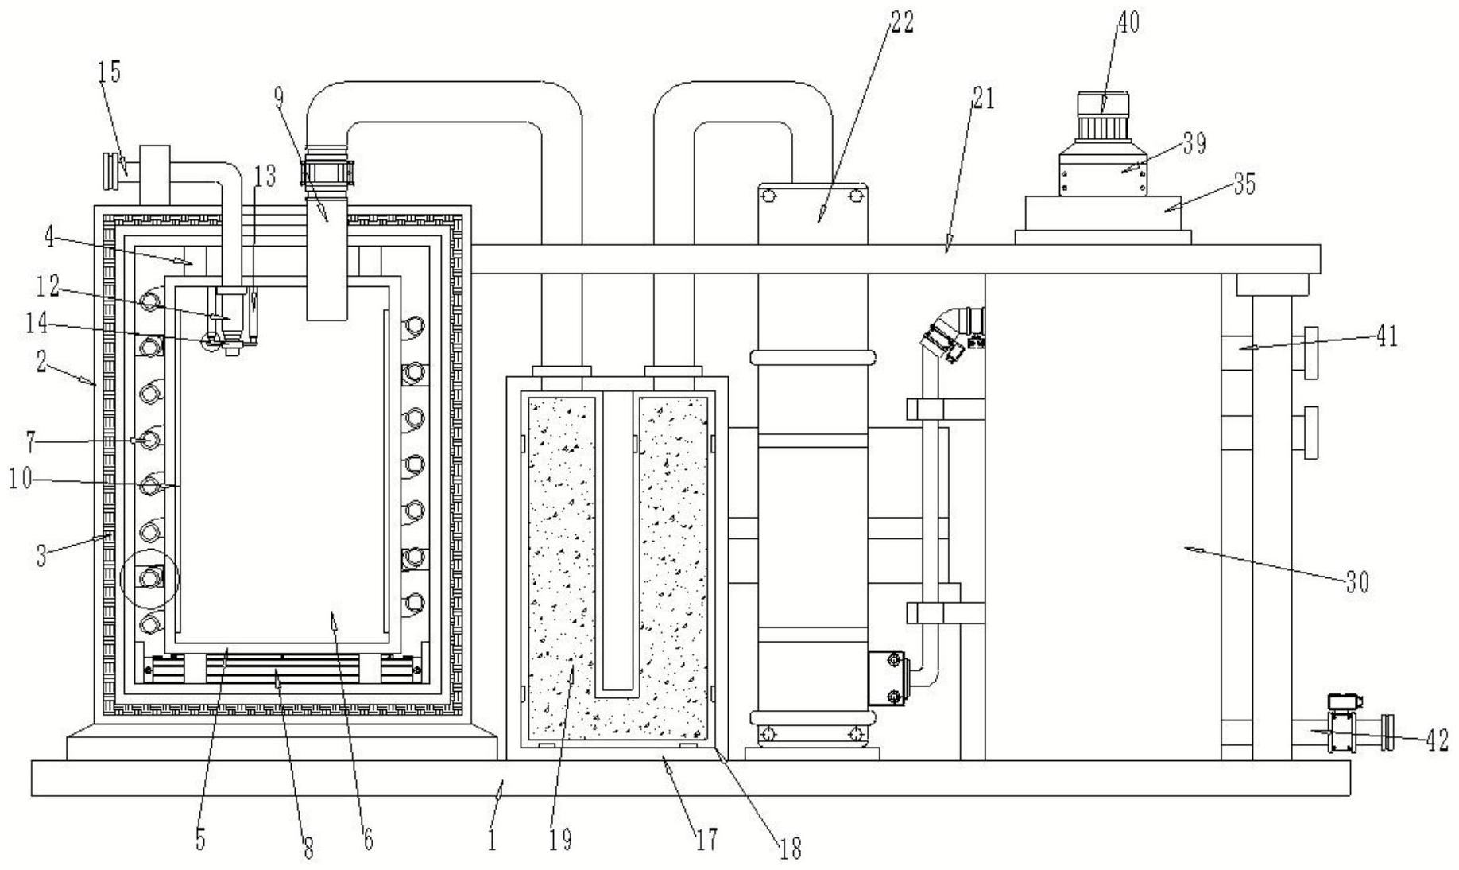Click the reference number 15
tap(110, 72)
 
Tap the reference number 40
tap(1128, 23)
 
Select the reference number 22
tap(901, 22)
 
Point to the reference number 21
tap(982, 99)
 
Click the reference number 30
tap(1357, 583)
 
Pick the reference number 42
tap(1438, 740)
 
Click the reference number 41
tap(1387, 337)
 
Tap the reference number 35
tap(1244, 184)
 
